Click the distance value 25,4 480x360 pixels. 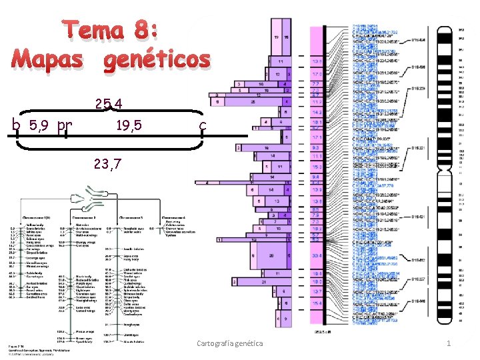coord(109,104)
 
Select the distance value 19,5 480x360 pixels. coord(129,124)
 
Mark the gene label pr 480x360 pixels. coord(65,125)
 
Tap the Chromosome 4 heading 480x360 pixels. coord(177,217)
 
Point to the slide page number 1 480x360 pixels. coord(449,343)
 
